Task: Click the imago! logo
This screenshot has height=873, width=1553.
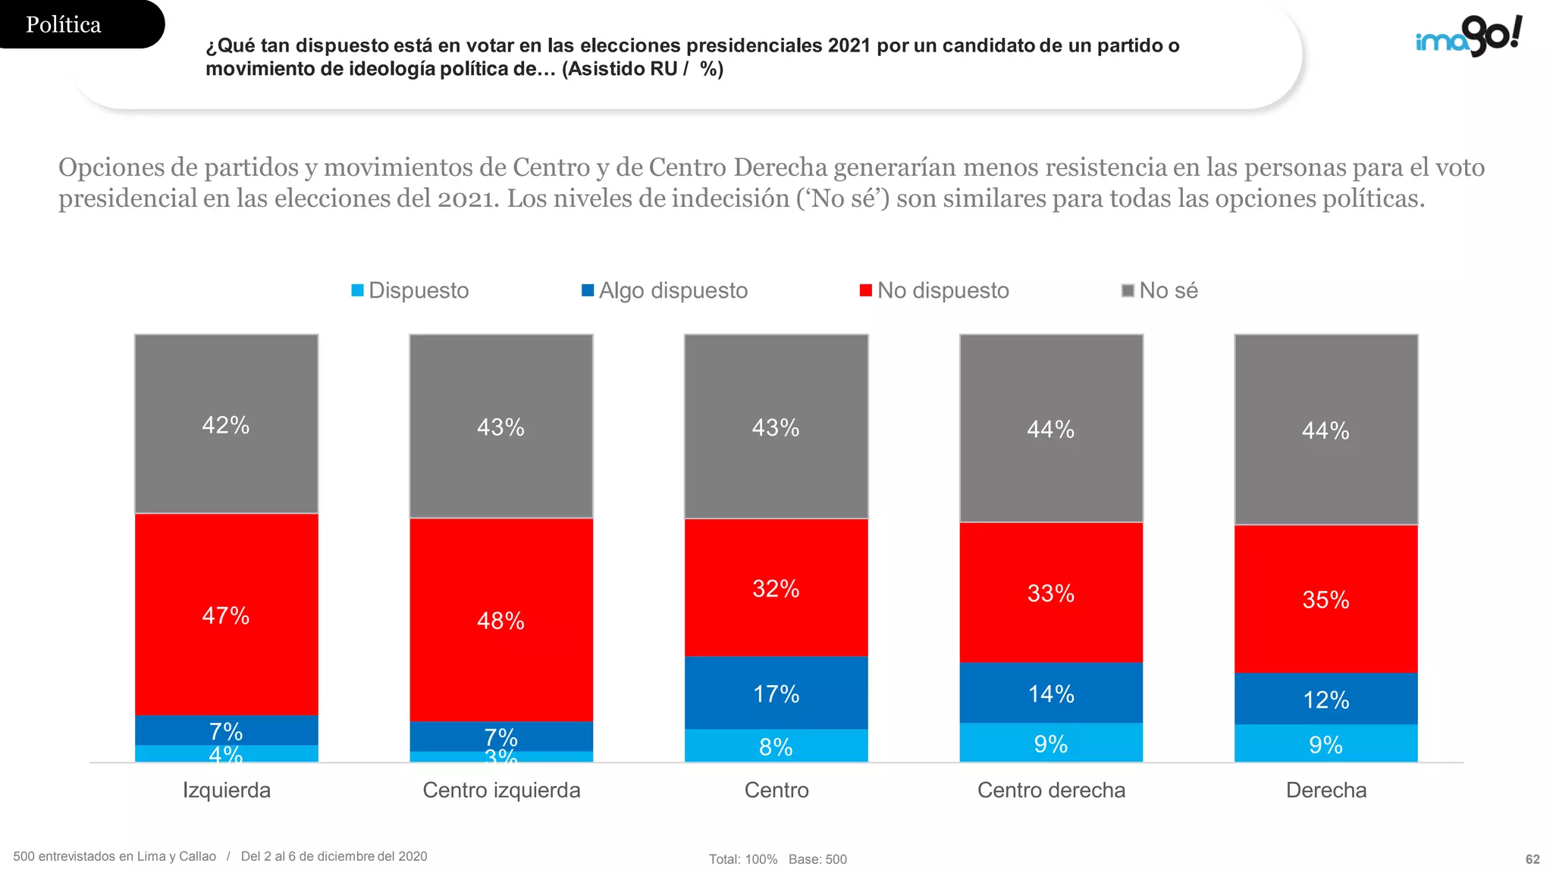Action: [1469, 36]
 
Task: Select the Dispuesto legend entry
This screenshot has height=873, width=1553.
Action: [410, 290]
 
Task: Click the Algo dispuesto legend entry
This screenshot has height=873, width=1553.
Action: [664, 290]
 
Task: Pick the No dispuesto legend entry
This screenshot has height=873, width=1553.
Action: [934, 290]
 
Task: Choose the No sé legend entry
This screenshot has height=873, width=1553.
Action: [1159, 290]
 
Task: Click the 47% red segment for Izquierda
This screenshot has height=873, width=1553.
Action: [227, 615]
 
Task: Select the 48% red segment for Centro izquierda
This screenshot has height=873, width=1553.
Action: [501, 620]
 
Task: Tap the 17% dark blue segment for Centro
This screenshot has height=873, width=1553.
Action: [776, 693]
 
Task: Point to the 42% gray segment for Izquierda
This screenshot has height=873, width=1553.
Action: [227, 424]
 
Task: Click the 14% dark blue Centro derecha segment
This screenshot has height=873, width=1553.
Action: [1051, 693]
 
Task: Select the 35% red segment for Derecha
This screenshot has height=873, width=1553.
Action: [1326, 599]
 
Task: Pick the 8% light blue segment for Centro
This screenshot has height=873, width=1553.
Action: [776, 746]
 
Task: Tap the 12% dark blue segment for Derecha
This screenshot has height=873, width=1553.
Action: [1326, 699]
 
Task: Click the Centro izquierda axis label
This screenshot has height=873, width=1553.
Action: [501, 790]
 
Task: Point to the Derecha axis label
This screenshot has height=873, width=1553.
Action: [1326, 790]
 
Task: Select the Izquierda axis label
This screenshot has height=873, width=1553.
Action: [227, 790]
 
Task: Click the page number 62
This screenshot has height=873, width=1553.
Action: [1533, 859]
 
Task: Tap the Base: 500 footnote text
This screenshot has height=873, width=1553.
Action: [817, 859]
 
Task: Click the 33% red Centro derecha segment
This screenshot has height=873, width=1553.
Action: [1051, 593]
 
